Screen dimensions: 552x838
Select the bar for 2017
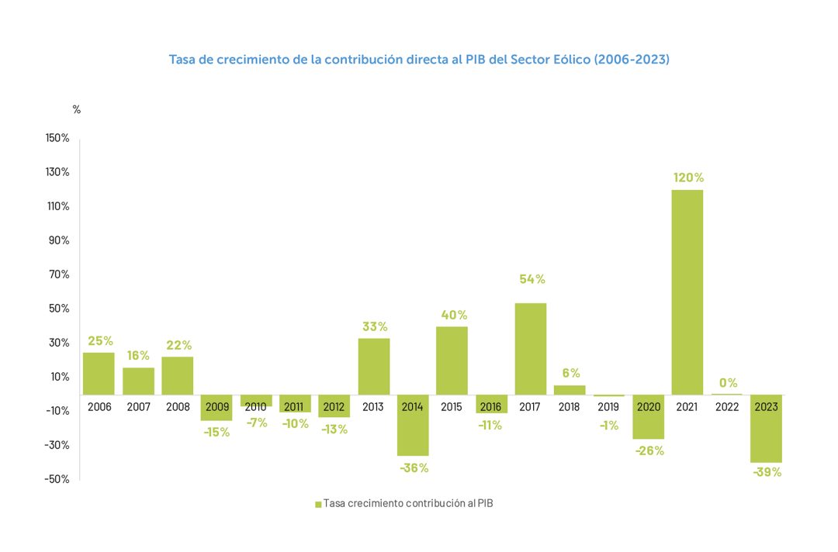click(x=531, y=349)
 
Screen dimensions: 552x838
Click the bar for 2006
click(x=99, y=374)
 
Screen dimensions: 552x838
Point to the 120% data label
click(x=688, y=178)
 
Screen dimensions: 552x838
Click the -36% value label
click(x=414, y=468)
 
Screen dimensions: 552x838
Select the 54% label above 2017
click(x=532, y=279)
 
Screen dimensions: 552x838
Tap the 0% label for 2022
click(x=728, y=383)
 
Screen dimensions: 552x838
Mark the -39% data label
click(x=767, y=472)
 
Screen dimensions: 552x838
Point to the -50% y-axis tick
click(x=57, y=479)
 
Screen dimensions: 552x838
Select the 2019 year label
click(x=609, y=406)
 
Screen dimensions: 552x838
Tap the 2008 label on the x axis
click(x=178, y=406)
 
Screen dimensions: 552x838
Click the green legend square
click(x=318, y=505)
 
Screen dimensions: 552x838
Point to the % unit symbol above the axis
click(x=77, y=110)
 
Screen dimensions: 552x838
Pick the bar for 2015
click(x=452, y=361)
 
